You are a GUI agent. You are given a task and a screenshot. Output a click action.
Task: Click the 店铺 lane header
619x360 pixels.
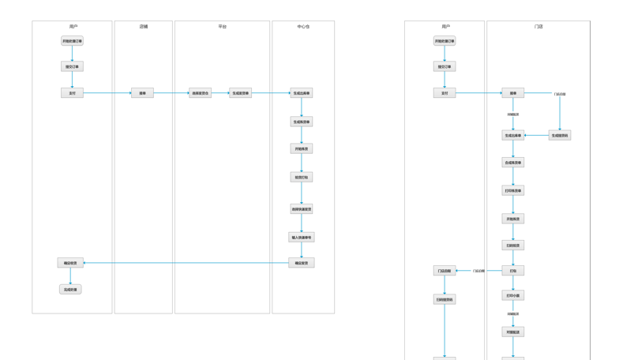click(143, 27)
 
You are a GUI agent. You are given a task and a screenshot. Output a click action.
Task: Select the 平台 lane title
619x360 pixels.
click(223, 27)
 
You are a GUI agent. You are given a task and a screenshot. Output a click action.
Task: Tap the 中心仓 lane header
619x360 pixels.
click(303, 27)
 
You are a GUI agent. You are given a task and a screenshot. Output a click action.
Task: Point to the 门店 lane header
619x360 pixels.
click(538, 27)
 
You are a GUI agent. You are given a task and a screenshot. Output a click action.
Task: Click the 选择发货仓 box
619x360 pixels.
click(201, 93)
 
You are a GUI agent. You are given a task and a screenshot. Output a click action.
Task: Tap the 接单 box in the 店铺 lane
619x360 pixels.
click(143, 93)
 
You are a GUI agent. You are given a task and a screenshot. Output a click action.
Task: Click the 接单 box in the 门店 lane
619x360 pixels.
click(513, 93)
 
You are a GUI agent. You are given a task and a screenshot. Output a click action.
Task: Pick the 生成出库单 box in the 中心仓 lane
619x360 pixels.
click(302, 93)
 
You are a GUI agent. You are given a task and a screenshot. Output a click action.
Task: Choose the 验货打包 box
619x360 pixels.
click(302, 178)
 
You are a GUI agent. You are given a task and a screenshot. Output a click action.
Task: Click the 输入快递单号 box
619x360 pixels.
click(302, 237)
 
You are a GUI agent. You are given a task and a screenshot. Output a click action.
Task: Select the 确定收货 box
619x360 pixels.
click(70, 262)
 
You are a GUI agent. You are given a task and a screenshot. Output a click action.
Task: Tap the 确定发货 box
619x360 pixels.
click(302, 262)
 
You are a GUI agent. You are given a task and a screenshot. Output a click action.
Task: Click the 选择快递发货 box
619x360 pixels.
click(302, 209)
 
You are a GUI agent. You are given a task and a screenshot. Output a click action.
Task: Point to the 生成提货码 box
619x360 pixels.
click(560, 135)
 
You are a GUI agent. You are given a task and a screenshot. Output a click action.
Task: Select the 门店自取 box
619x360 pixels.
click(445, 271)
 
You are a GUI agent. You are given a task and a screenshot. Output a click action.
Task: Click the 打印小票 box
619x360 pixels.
click(513, 295)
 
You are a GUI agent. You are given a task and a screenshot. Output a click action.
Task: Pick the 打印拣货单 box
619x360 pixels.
click(513, 190)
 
